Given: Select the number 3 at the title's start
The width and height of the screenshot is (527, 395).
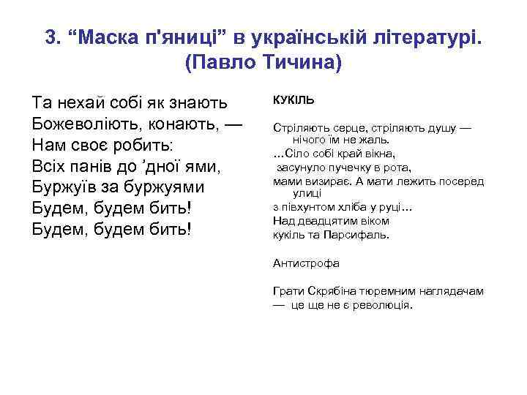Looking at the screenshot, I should coord(51,37).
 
